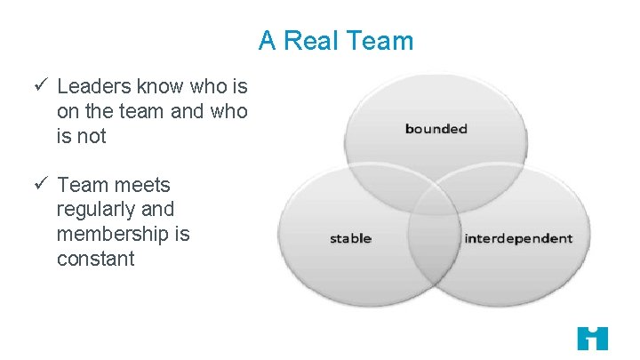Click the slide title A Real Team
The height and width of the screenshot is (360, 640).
pos(336,41)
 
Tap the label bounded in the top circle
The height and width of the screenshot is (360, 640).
pos(436,129)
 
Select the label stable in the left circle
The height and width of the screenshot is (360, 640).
pos(350,238)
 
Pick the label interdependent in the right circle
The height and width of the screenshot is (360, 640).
pos(518,238)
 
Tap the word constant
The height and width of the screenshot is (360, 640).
pos(95,260)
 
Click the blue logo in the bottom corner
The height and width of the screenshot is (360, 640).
pos(592,338)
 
